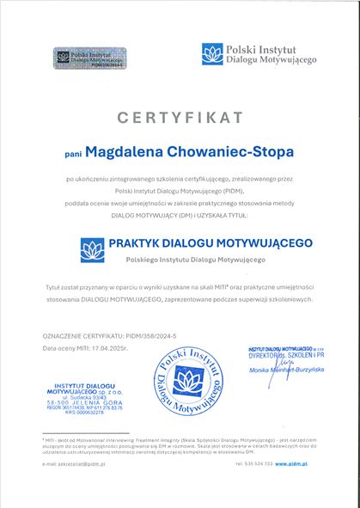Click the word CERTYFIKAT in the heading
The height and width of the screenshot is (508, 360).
(x=180, y=114)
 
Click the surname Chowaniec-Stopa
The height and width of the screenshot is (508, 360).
(x=238, y=151)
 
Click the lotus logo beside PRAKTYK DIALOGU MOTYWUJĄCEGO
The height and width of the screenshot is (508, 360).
(x=92, y=250)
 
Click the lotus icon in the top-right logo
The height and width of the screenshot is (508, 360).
(x=211, y=54)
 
